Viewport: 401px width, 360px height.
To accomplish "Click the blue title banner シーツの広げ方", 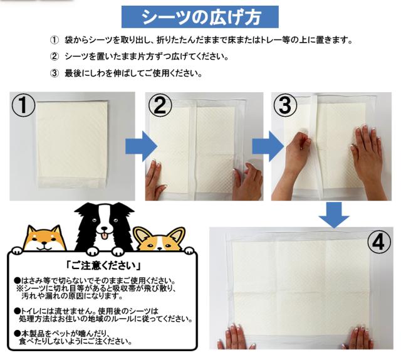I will (x=200, y=17).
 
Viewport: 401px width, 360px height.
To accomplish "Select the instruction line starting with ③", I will (x=125, y=73).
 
